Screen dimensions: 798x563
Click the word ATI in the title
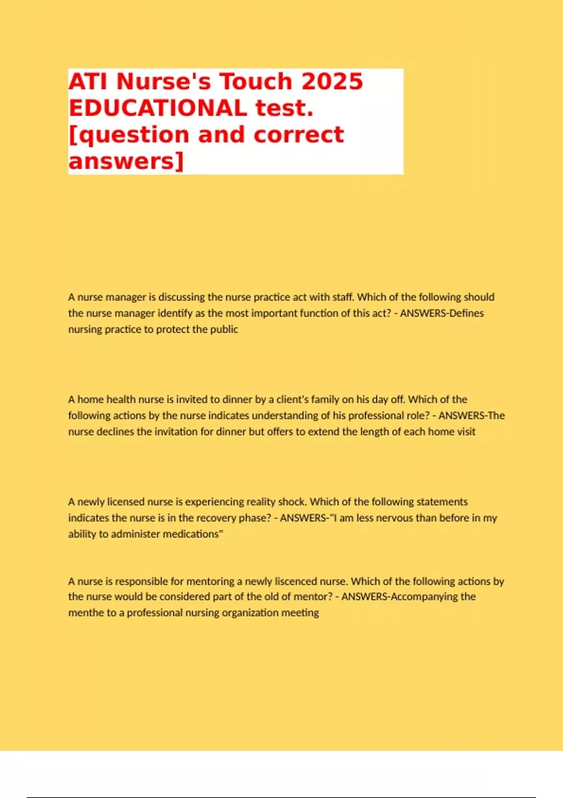click(88, 82)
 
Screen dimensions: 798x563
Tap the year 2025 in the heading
click(332, 82)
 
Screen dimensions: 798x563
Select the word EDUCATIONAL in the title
click(158, 108)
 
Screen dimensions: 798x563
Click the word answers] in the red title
click(126, 161)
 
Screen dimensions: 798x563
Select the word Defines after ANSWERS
click(466, 313)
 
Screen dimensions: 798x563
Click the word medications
click(195, 534)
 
